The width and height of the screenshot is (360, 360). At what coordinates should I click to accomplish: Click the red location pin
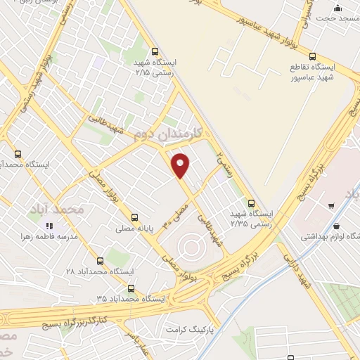point(181,165)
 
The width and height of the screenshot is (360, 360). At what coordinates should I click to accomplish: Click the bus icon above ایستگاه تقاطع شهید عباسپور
point(313,56)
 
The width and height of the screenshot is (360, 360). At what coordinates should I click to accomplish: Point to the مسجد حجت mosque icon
point(338,8)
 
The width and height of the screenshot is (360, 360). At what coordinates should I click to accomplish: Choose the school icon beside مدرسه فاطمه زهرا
point(50,226)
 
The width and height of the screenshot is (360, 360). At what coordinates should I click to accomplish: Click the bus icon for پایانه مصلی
point(134,217)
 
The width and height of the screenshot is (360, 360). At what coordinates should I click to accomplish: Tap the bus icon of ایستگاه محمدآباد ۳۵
point(131,288)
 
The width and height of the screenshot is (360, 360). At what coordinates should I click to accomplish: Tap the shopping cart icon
point(331,206)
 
